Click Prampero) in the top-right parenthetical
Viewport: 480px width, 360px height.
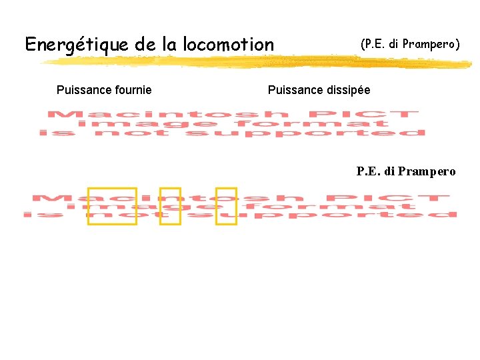pos(427,45)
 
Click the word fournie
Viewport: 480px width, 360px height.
pos(131,90)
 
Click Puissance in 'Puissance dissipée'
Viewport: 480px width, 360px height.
pos(293,90)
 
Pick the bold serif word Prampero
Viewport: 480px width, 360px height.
pos(426,172)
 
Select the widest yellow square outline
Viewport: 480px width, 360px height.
pos(112,206)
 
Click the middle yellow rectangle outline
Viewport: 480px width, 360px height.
pos(170,206)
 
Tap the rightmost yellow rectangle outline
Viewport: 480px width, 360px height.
pos(226,206)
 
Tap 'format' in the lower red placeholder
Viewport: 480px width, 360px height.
pos(367,207)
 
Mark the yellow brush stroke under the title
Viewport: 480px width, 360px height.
pos(253,61)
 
